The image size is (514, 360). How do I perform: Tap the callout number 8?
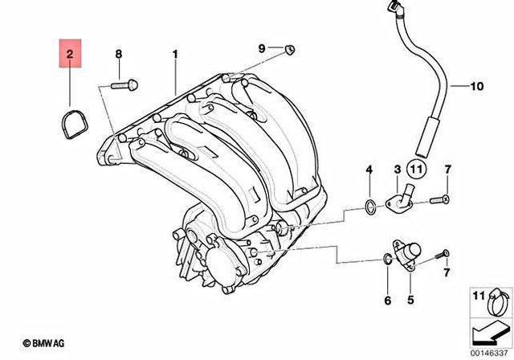pyautogui.click(x=118, y=54)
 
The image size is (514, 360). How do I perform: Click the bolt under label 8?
pyautogui.click(x=122, y=83)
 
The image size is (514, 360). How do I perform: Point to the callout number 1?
pyautogui.click(x=173, y=54)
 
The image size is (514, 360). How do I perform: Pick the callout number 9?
pyautogui.click(x=261, y=49)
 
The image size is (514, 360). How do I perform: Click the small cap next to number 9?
pyautogui.click(x=289, y=50)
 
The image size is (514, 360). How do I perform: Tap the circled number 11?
pyautogui.click(x=414, y=170)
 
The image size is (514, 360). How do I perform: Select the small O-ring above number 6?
pyautogui.click(x=387, y=260)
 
